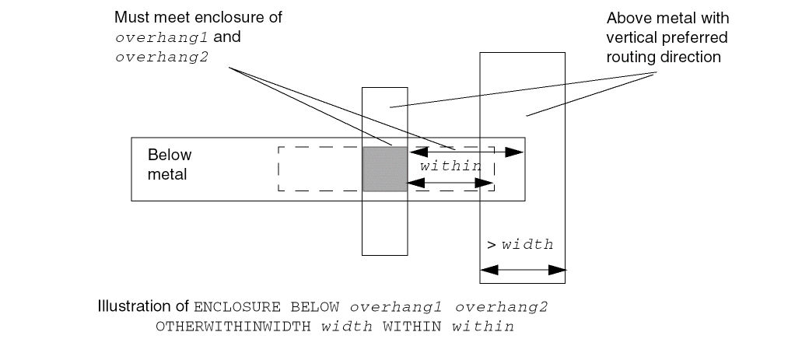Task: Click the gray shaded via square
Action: (x=385, y=168)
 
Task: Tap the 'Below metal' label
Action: (x=169, y=164)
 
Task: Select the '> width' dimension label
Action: (x=520, y=244)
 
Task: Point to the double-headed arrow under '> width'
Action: (x=523, y=271)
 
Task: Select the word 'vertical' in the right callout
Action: (x=629, y=37)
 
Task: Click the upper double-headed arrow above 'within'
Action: (x=468, y=152)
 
